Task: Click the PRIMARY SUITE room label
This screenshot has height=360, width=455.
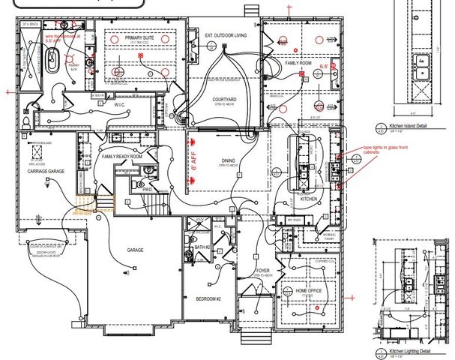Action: click(139, 36)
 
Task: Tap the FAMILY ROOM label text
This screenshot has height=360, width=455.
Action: click(298, 64)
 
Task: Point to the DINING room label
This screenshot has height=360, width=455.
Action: click(228, 160)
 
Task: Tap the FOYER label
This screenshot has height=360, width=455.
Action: click(263, 271)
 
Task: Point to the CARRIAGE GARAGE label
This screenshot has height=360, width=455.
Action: click(49, 172)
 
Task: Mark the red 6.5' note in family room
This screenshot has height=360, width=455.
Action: click(325, 67)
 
